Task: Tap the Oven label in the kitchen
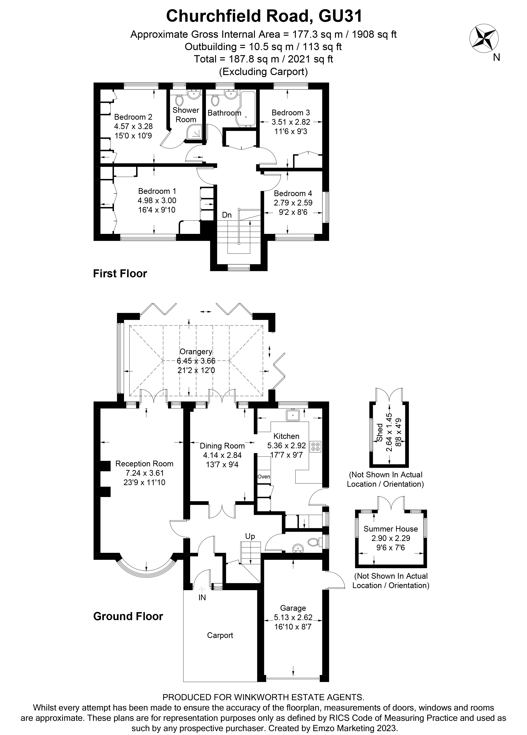(x=264, y=476)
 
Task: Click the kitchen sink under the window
(x=293, y=415)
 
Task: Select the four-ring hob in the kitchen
(x=315, y=447)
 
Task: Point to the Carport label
(x=220, y=635)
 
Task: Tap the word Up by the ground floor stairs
(x=250, y=536)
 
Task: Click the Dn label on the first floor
(x=227, y=215)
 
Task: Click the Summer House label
(x=391, y=529)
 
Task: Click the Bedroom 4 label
(x=293, y=193)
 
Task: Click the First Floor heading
(x=120, y=273)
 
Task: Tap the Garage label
(x=293, y=608)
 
